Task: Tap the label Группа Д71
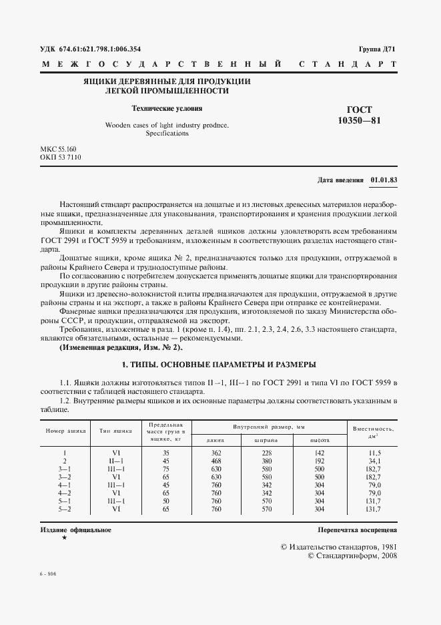point(378,49)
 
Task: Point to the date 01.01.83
point(384,180)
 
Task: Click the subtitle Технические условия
point(167,108)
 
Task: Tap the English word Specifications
point(167,133)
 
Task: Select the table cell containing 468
point(215,461)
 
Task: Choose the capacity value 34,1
point(374,461)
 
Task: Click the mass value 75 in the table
point(165,469)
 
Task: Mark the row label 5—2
point(65,509)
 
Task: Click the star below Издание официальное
point(64,538)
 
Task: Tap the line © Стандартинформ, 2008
point(353,556)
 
